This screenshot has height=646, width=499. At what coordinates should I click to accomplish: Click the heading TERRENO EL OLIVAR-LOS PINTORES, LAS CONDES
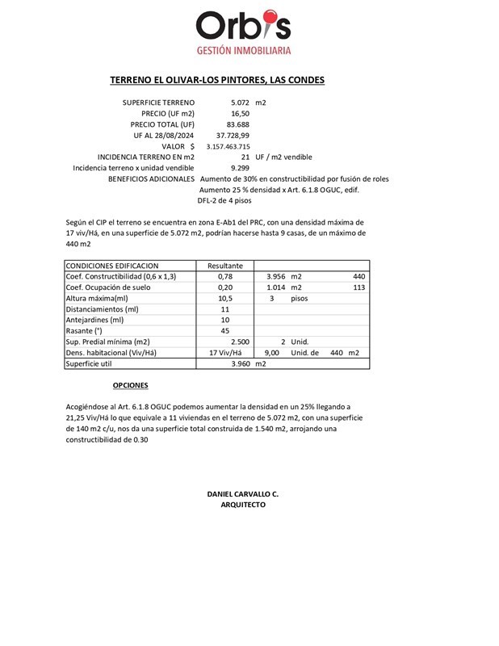click(x=217, y=81)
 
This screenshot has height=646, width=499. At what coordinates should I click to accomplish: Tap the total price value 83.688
click(x=238, y=124)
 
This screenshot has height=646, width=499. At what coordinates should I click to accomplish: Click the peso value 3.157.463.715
click(x=228, y=146)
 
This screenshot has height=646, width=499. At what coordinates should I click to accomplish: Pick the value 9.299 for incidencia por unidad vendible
click(x=239, y=168)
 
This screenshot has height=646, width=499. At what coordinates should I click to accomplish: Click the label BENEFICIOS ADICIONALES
click(x=151, y=178)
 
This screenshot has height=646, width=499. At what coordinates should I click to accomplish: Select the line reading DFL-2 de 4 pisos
click(x=224, y=200)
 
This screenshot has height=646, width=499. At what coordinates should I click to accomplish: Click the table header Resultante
click(x=225, y=266)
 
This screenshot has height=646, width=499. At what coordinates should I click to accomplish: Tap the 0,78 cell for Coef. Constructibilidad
click(x=225, y=277)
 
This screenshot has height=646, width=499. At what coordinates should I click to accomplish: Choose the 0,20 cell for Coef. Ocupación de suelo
click(x=225, y=287)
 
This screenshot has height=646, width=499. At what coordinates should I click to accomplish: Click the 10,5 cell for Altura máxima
click(x=225, y=299)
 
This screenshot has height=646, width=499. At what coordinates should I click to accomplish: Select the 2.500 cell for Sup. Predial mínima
click(x=240, y=342)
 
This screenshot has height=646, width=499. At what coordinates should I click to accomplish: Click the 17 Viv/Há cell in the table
click(x=225, y=353)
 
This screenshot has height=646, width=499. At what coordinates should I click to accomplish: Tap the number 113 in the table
click(x=359, y=287)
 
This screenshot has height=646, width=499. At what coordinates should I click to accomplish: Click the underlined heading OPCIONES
click(x=130, y=386)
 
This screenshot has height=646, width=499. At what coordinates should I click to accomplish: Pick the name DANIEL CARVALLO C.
click(x=243, y=493)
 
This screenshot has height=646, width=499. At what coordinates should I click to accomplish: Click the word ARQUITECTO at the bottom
click(x=243, y=505)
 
